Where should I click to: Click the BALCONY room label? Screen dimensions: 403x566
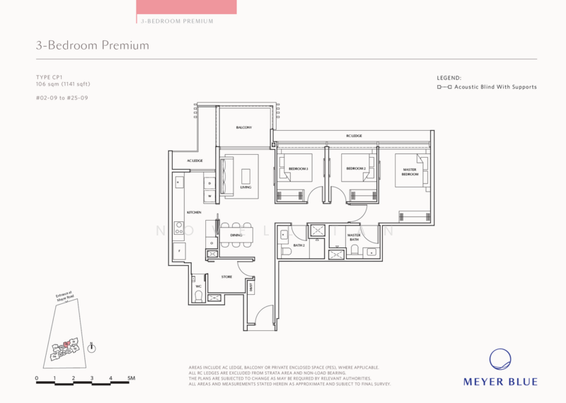pos(244,128)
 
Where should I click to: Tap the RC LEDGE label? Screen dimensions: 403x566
pos(354,136)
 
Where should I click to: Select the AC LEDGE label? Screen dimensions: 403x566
pos(195,161)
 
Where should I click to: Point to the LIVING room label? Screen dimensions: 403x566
pos(246,187)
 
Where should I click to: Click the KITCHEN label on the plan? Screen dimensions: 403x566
pos(194,212)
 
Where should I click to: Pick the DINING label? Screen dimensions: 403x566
pos(236,235)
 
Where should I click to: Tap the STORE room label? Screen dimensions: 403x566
pos(227,276)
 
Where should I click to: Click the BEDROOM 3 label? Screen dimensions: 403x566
pos(298,169)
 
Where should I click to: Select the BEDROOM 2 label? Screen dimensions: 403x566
pos(354,169)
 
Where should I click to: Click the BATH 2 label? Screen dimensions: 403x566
pos(299,245)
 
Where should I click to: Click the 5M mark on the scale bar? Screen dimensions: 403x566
pos(131,379)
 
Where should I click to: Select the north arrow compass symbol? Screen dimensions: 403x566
pos(92,347)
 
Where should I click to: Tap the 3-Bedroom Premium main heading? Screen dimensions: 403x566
pos(93,46)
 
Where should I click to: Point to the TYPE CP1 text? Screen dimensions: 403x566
pos(49,76)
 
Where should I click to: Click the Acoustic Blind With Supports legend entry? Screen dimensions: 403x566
pos(487,87)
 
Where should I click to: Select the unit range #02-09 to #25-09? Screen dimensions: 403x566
pos(61,97)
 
